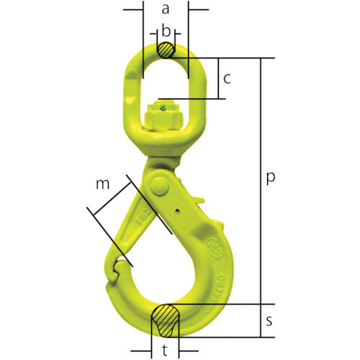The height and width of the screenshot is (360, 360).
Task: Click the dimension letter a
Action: coord(166,9)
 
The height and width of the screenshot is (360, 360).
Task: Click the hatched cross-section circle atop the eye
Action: coord(166,50)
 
